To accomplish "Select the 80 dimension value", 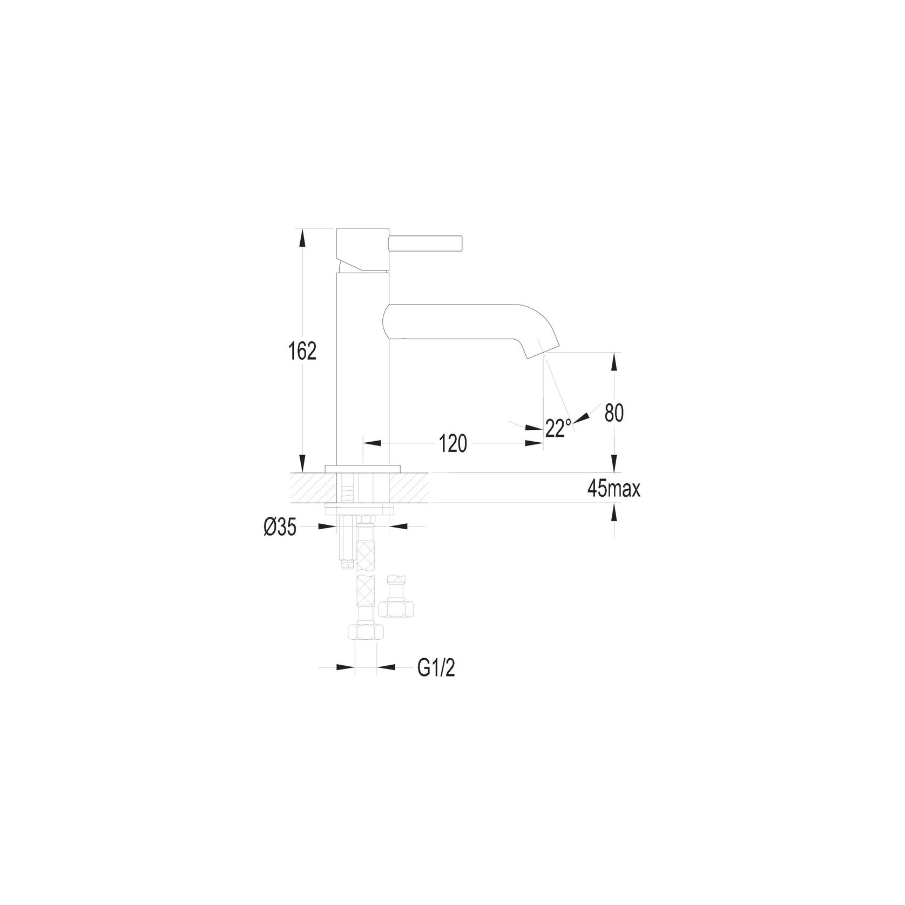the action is [x=614, y=413].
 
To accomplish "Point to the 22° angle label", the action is [x=558, y=428].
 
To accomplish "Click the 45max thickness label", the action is [x=614, y=489].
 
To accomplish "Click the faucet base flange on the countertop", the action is [x=363, y=468].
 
